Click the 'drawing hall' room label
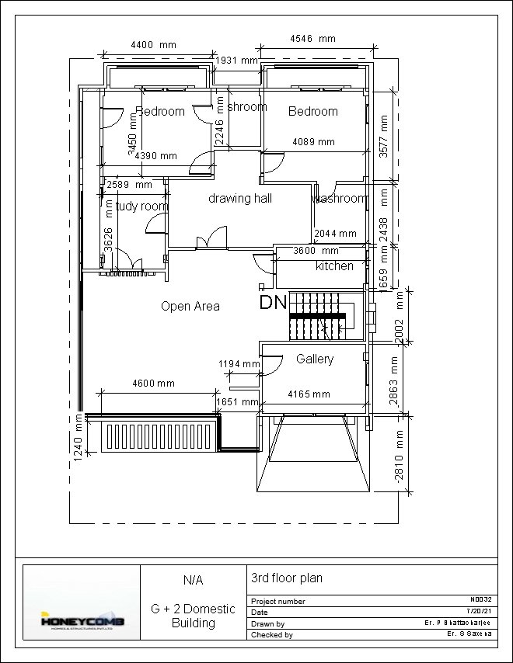click(x=240, y=199)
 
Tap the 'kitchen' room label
click(x=334, y=266)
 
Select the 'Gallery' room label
click(x=315, y=359)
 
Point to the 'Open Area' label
click(x=190, y=306)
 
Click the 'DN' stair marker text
click(x=273, y=302)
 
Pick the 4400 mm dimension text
click(x=153, y=45)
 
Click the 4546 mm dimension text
click(x=312, y=39)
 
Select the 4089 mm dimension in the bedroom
click(x=313, y=142)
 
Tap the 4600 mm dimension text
click(x=154, y=384)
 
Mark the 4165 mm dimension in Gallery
click(x=309, y=394)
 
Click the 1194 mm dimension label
click(x=239, y=363)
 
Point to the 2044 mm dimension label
click(x=335, y=234)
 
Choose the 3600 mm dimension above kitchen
click(x=316, y=251)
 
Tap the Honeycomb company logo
click(x=81, y=620)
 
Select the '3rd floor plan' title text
click(x=286, y=578)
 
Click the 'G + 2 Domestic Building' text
click(x=193, y=616)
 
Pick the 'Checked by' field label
click(x=271, y=635)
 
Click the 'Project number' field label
click(x=277, y=602)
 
